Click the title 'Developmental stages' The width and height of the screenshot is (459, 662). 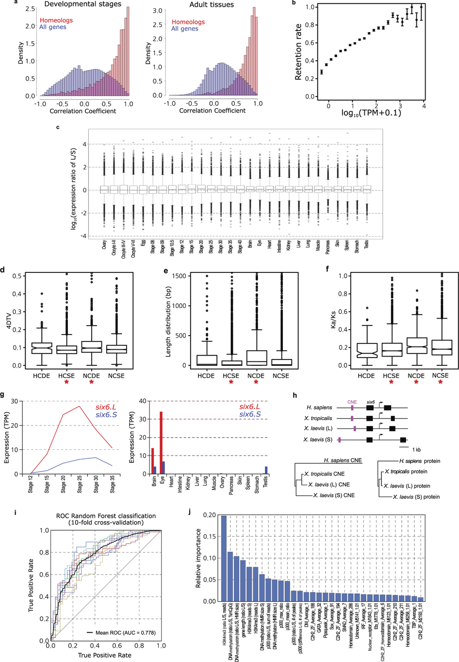pyautogui.click(x=82, y=4)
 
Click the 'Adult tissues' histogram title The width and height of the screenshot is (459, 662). pyautogui.click(x=212, y=4)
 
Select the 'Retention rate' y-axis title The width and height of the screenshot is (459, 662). pyautogui.click(x=298, y=52)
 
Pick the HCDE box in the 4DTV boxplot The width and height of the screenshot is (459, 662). pyautogui.click(x=41, y=348)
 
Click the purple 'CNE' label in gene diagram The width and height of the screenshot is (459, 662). pyautogui.click(x=352, y=402)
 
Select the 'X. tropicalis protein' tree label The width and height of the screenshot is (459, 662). pyautogui.click(x=406, y=472)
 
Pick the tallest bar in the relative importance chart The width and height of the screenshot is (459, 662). pyautogui.click(x=224, y=558)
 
